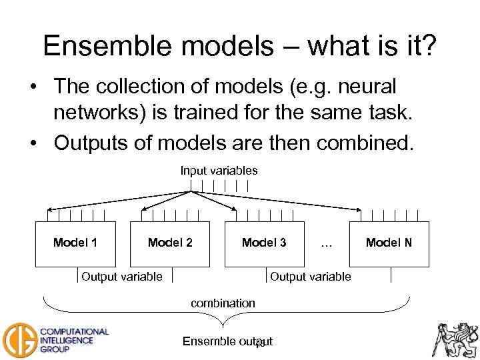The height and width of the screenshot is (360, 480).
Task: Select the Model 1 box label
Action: pyautogui.click(x=75, y=243)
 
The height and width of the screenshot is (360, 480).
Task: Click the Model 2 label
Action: pyautogui.click(x=170, y=243)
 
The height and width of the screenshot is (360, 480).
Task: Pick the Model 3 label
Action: pyautogui.click(x=264, y=243)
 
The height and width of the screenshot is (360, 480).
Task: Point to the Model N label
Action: pyautogui.click(x=389, y=243)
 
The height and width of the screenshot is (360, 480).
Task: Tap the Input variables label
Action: pyautogui.click(x=219, y=171)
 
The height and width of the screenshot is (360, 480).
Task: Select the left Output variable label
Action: pyautogui.click(x=121, y=277)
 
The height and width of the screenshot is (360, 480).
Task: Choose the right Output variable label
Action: pyautogui.click(x=310, y=277)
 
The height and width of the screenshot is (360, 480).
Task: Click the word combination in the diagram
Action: pyautogui.click(x=223, y=303)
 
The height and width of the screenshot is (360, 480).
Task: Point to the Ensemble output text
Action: pyautogui.click(x=227, y=342)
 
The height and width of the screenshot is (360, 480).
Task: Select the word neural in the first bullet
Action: pyautogui.click(x=366, y=87)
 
